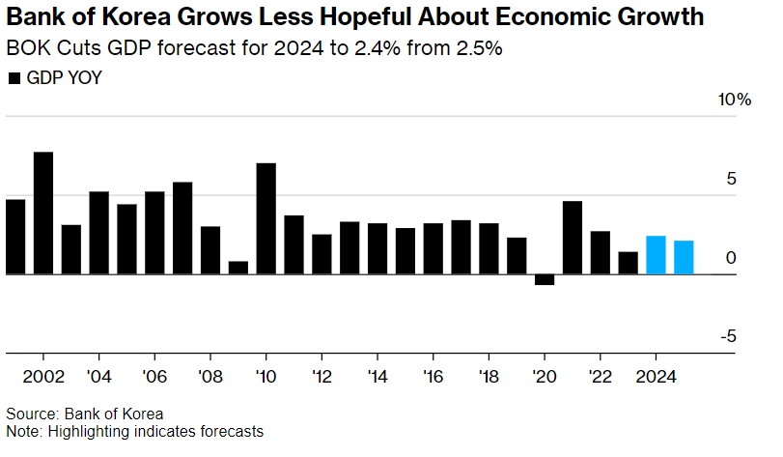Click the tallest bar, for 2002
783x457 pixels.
pyautogui.click(x=43, y=213)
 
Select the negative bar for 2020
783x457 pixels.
pyautogui.click(x=545, y=279)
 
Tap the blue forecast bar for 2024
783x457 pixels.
pyautogui.click(x=656, y=255)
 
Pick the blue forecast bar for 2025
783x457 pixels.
pyautogui.click(x=684, y=257)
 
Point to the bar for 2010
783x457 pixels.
pyautogui.click(x=266, y=218)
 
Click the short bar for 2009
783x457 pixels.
pyautogui.click(x=238, y=268)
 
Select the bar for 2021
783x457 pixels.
pyautogui.click(x=573, y=238)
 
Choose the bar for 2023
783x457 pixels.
pyautogui.click(x=629, y=263)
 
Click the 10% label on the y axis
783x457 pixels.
pyautogui.click(x=733, y=100)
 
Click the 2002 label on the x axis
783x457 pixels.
pyautogui.click(x=43, y=376)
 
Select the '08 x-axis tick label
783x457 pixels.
pyautogui.click(x=210, y=376)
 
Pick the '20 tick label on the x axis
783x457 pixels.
pyautogui.click(x=545, y=376)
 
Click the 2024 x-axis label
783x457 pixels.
pyautogui.click(x=657, y=376)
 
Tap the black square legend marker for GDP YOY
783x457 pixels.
pyautogui.click(x=14, y=78)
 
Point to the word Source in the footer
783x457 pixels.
pyautogui.click(x=30, y=413)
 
